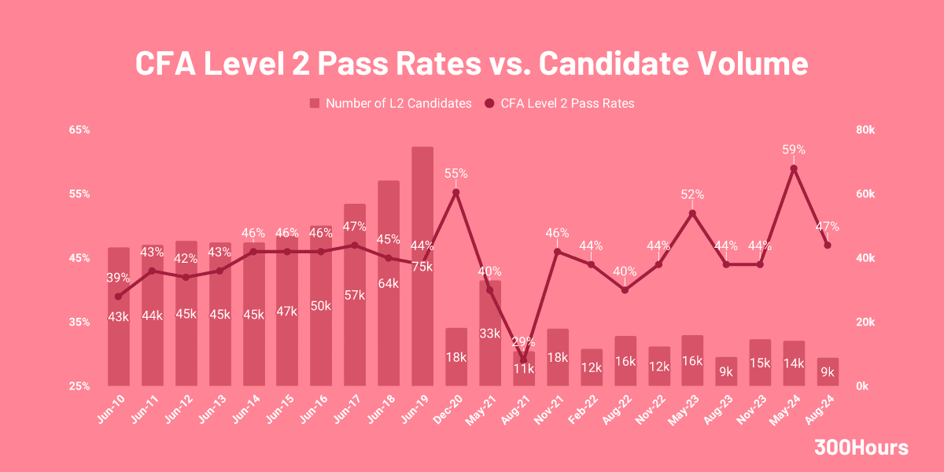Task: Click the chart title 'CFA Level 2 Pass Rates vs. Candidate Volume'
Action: [x=471, y=64]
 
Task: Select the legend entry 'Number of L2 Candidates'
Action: [x=390, y=103]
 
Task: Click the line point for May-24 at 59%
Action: [x=794, y=168]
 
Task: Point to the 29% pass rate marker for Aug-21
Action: [x=524, y=360]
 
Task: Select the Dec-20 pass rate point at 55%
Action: [x=456, y=192]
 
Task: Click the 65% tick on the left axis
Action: [x=79, y=129]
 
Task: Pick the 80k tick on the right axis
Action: [x=865, y=129]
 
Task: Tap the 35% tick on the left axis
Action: [x=79, y=322]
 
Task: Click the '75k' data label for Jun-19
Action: [x=422, y=266]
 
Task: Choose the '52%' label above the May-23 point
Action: [x=692, y=194]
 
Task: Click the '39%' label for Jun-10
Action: [x=118, y=278]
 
